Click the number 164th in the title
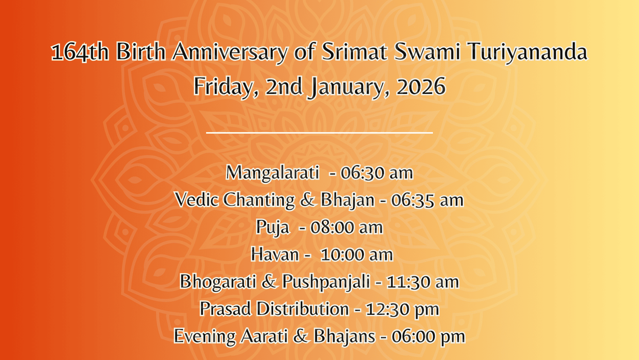click(79, 52)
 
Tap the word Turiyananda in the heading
click(528, 52)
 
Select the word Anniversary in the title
click(230, 52)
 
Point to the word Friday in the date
click(226, 87)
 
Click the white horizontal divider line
click(319, 133)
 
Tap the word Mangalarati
click(272, 173)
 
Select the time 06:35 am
click(427, 200)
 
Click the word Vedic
click(196, 199)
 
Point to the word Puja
click(272, 227)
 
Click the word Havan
click(275, 255)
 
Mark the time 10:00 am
click(357, 255)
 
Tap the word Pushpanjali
click(326, 282)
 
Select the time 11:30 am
click(423, 282)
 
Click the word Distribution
click(303, 309)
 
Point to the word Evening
click(205, 336)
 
